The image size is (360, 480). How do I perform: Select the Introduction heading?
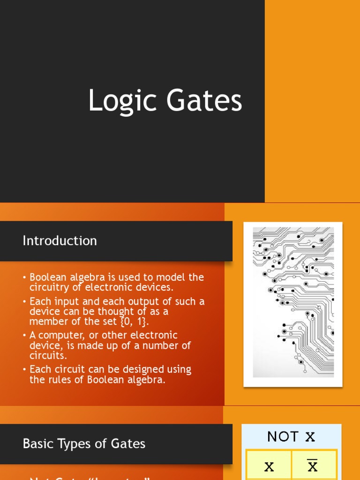tap(60, 241)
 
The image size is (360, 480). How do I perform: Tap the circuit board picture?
tap(293, 304)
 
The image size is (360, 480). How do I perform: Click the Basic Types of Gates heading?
tap(84, 443)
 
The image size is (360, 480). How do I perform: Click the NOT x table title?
tap(291, 437)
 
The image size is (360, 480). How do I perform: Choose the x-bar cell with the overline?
tap(313, 466)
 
